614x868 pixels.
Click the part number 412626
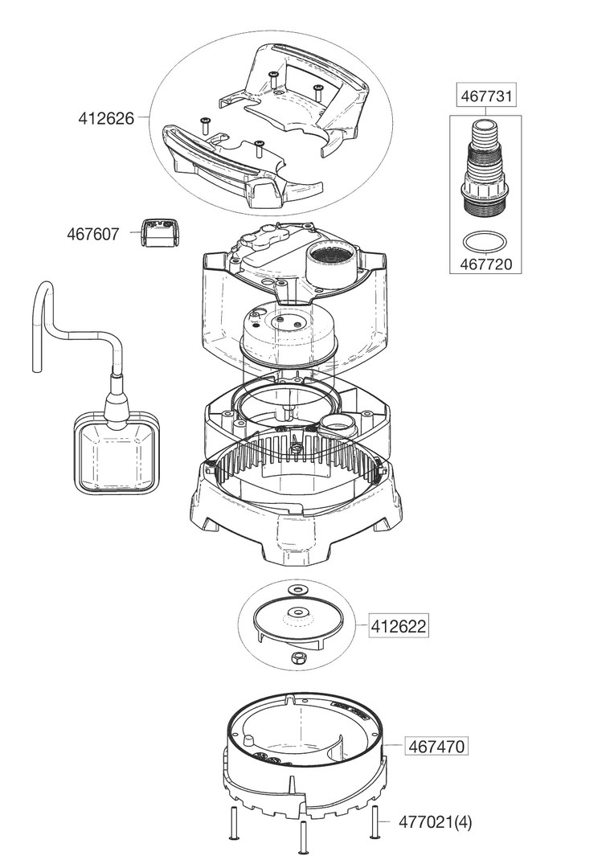[x=106, y=118]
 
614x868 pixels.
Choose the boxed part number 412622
[x=399, y=625]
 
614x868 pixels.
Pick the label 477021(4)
[x=438, y=823]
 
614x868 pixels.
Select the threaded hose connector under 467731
[x=485, y=172]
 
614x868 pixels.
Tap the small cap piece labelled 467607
[x=158, y=233]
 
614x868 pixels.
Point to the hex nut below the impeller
[x=298, y=658]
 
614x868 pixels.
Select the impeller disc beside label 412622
[x=298, y=621]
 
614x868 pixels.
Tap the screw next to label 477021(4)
[x=375, y=821]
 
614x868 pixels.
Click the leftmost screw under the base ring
[x=232, y=824]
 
